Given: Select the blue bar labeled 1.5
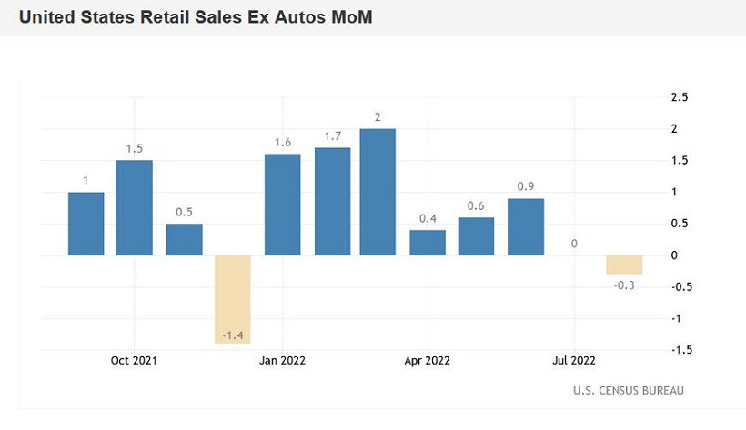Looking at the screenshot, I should (134, 208).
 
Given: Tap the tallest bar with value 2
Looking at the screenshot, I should (378, 192).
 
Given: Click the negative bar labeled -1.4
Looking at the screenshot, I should (232, 299).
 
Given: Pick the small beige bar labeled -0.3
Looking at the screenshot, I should (624, 265).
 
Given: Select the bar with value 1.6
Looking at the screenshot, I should (282, 205).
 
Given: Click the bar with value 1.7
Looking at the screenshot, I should (332, 202).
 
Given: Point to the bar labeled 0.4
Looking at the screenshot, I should (428, 243).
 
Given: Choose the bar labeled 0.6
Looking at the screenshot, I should (476, 236).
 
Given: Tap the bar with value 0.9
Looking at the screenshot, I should (526, 227).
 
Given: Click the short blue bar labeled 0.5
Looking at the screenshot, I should (184, 240).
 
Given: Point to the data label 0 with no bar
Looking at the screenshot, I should (574, 244).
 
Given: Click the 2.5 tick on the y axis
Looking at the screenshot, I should (679, 97).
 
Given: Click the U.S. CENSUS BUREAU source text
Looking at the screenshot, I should (629, 391).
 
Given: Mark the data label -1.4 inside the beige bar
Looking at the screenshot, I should (232, 336).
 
